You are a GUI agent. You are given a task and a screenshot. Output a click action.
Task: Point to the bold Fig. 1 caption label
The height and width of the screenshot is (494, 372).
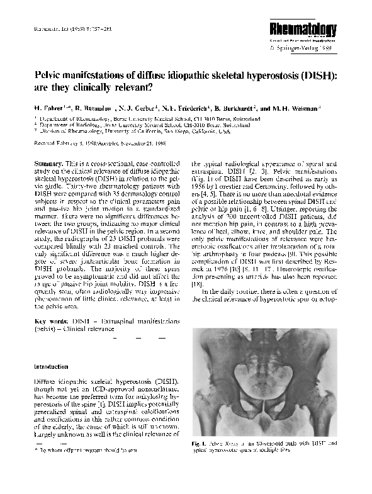(200, 444)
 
